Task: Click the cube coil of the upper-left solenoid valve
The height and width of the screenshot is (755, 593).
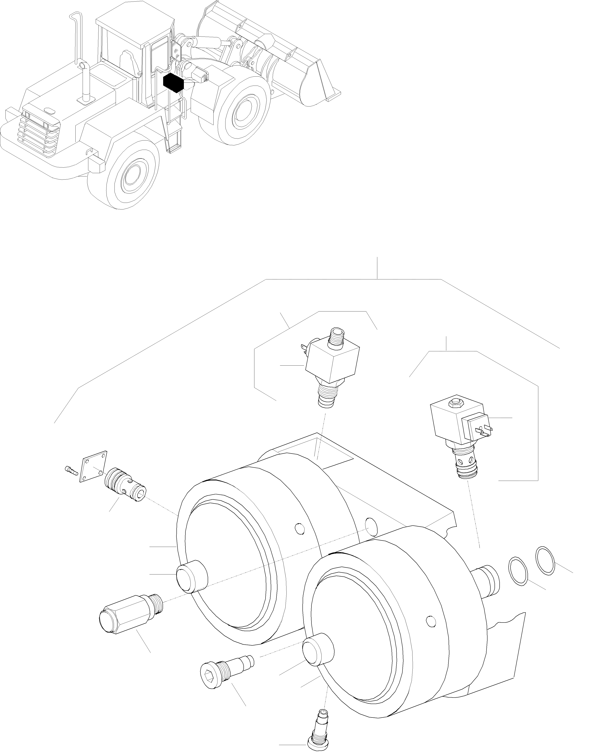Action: click(x=332, y=361)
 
